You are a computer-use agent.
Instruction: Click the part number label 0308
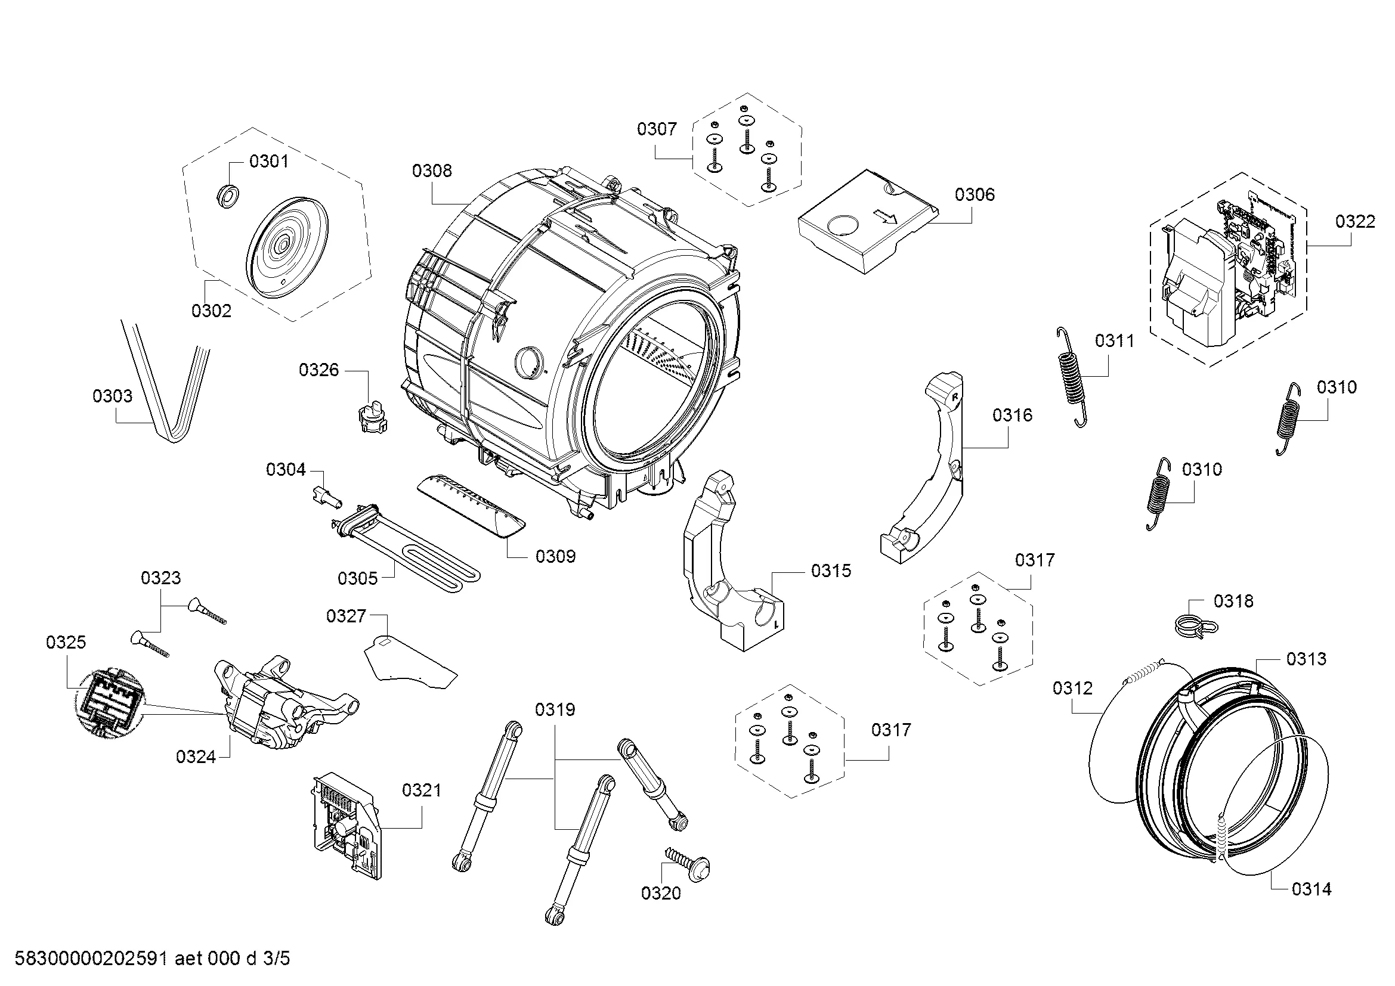click(x=431, y=171)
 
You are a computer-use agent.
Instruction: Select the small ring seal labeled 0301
click(x=228, y=196)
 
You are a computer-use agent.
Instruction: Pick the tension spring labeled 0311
click(x=1071, y=376)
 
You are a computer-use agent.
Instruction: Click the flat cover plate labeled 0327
click(x=410, y=662)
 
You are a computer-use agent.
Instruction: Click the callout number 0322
click(x=1355, y=221)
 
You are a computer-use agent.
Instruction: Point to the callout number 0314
click(x=1311, y=889)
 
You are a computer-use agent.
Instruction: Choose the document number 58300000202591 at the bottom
click(x=91, y=959)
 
